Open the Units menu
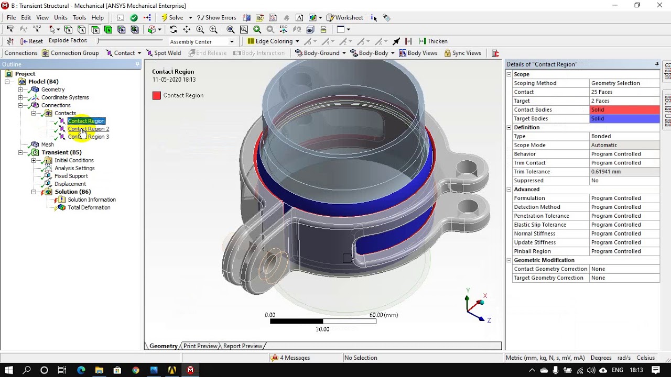tap(61, 18)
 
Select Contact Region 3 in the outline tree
tap(88, 137)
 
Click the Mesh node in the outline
tap(47, 145)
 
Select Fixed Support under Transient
tap(71, 176)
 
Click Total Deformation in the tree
tap(89, 207)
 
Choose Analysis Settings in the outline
tap(74, 168)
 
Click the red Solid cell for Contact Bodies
tap(624, 110)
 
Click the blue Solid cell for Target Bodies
tap(624, 119)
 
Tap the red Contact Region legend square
tap(156, 95)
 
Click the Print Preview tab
tap(200, 346)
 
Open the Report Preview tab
tap(243, 346)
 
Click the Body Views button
tap(418, 53)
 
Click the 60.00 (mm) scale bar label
tap(383, 315)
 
